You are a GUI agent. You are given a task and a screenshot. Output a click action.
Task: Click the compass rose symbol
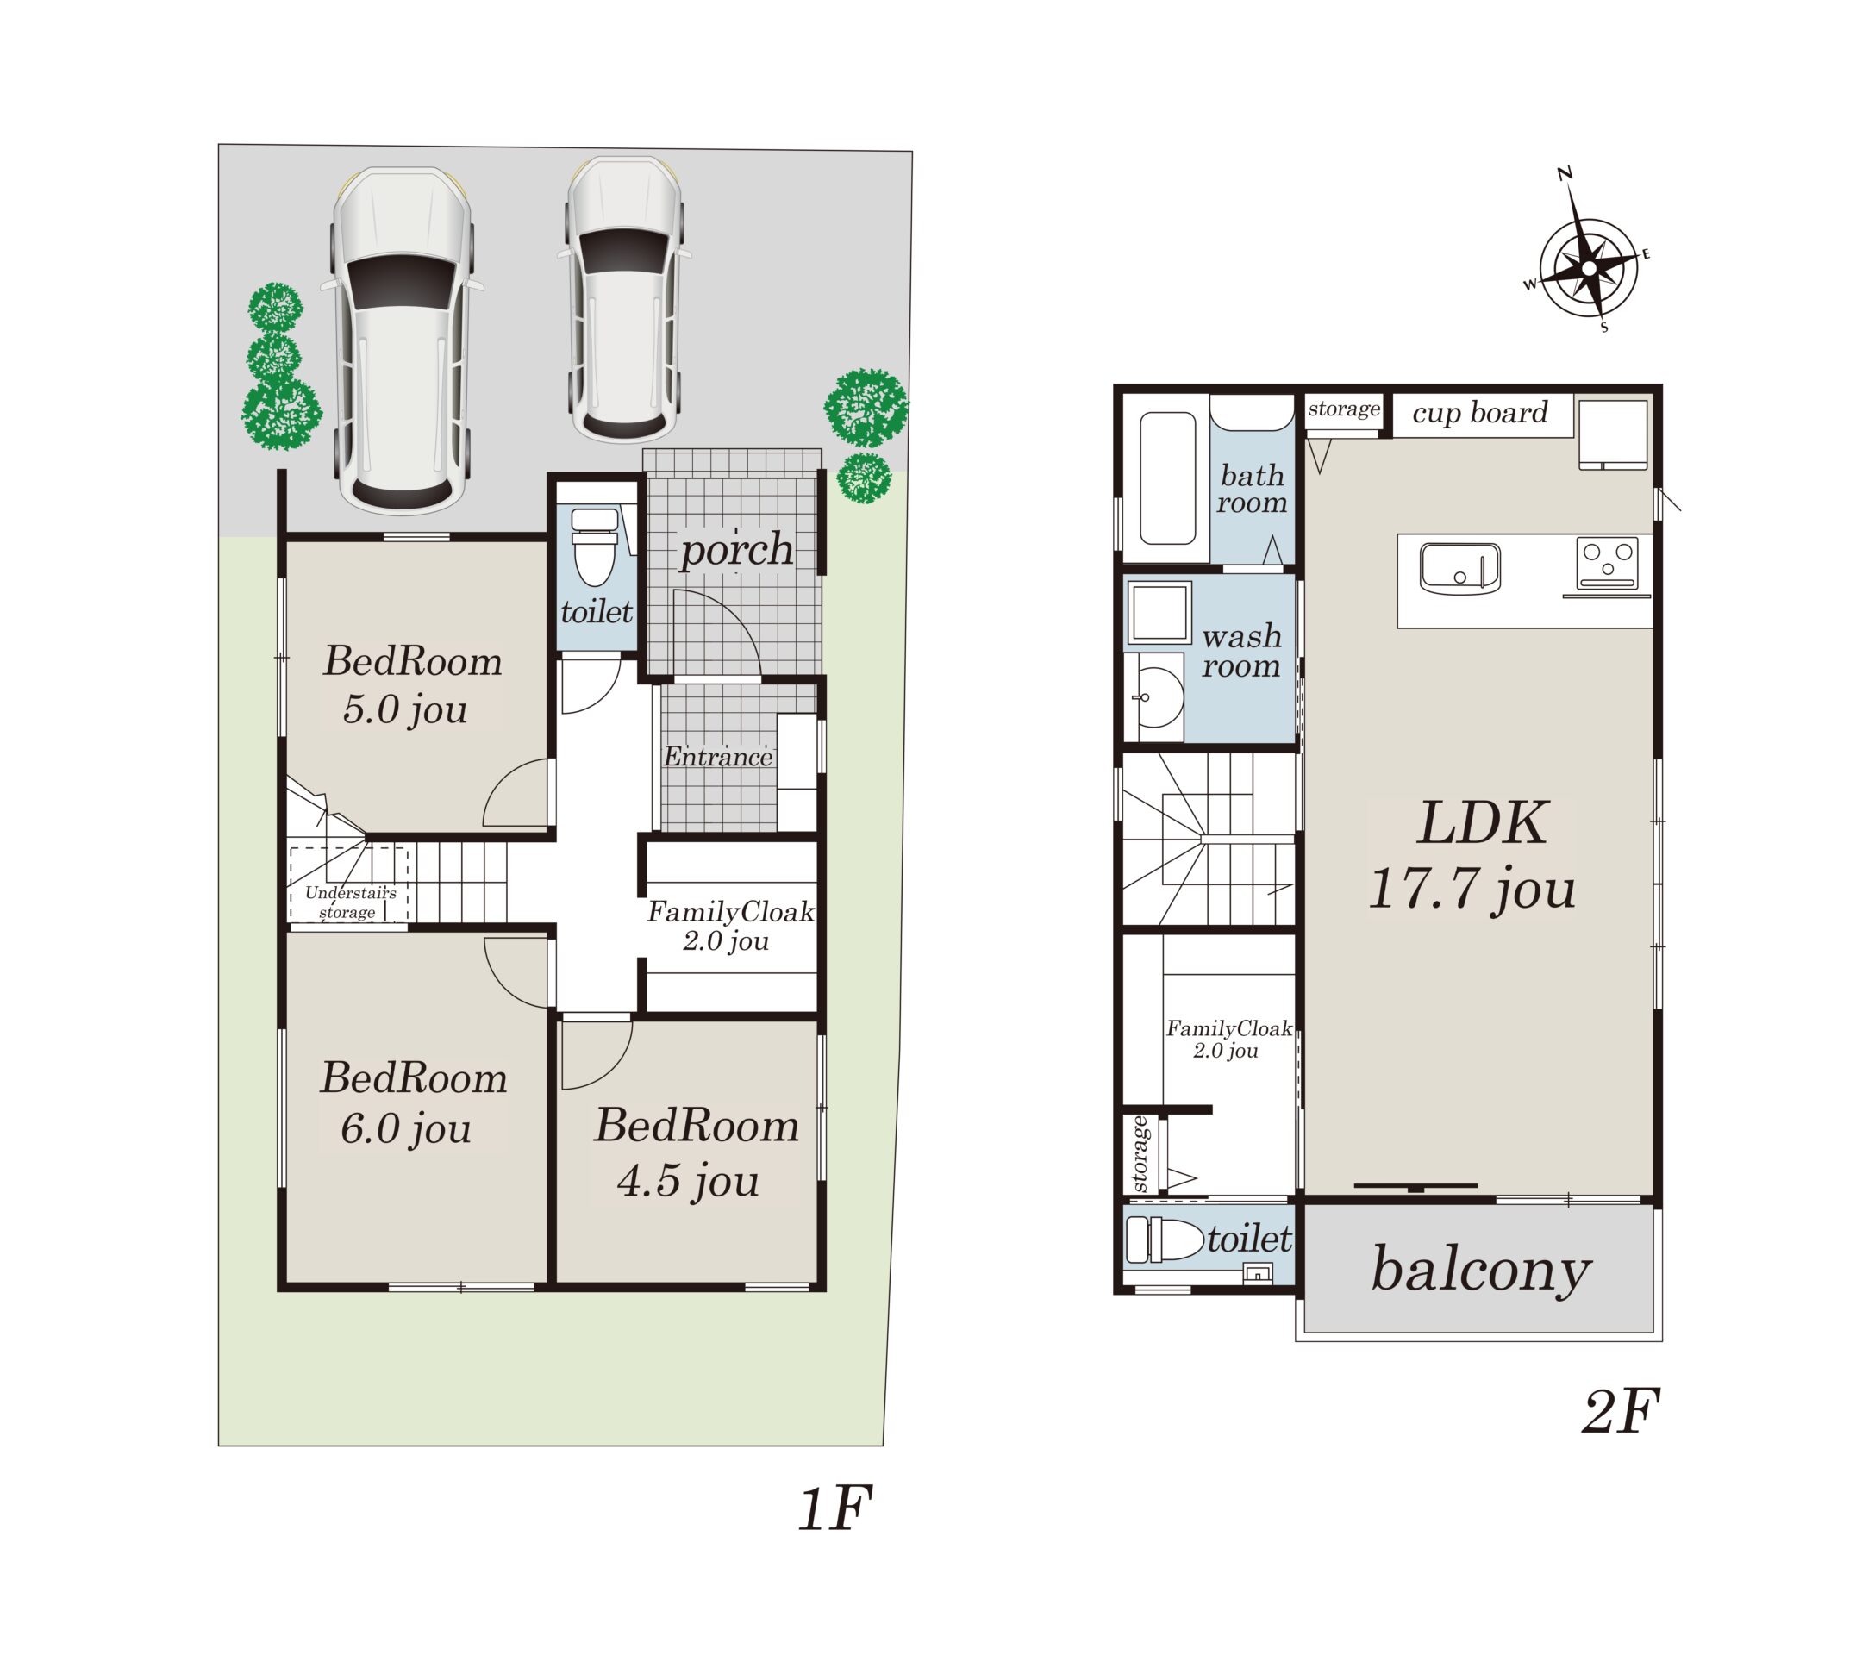[x=1588, y=268]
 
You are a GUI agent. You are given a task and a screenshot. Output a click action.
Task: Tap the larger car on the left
[x=402, y=341]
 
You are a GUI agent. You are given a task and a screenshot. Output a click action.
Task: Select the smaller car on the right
[x=625, y=300]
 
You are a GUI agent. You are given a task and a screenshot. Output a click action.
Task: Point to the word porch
[x=736, y=550]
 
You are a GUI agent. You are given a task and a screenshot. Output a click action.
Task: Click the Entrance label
[x=717, y=757]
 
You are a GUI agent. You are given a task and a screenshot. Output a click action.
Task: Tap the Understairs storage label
[x=350, y=902]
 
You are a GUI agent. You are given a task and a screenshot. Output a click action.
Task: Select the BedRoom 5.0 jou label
[x=412, y=684]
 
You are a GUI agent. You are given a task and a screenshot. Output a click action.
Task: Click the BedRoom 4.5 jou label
[x=697, y=1152]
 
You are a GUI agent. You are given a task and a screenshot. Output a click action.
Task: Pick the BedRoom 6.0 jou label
[x=413, y=1103]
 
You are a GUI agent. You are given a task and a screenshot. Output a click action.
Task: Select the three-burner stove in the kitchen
[x=1608, y=563]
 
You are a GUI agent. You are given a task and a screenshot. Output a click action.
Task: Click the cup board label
[x=1479, y=413]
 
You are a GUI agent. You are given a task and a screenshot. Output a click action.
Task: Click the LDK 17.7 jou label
[x=1472, y=856]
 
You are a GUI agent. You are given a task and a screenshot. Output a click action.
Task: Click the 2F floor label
[x=1621, y=1412]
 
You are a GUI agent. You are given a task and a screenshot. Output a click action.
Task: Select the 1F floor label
[x=834, y=1508]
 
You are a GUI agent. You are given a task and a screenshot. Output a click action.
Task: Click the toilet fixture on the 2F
[x=1165, y=1240]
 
